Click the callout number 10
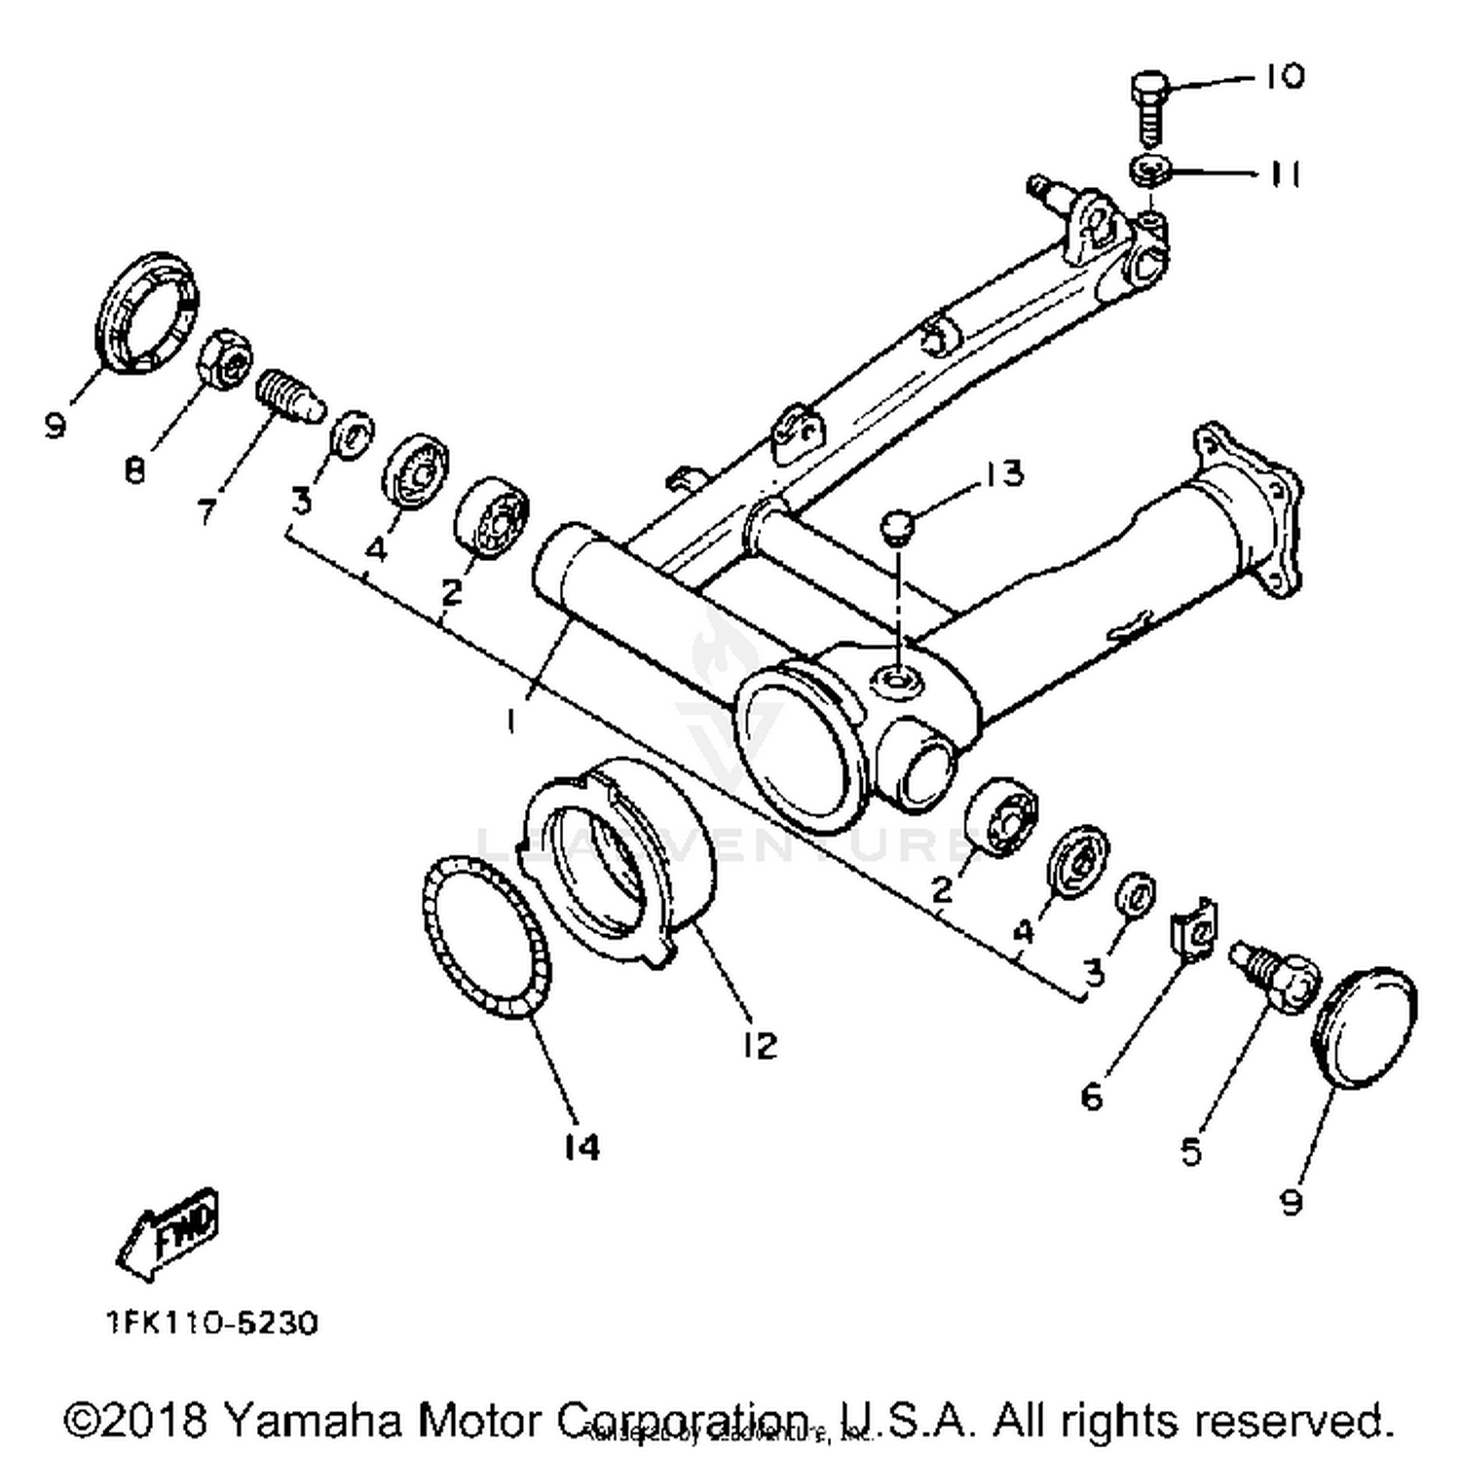point(1285,76)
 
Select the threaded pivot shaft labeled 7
point(287,395)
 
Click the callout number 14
point(581,1146)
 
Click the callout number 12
point(759,1045)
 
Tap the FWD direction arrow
point(168,1232)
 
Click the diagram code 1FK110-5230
point(211,1324)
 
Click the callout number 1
point(511,720)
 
